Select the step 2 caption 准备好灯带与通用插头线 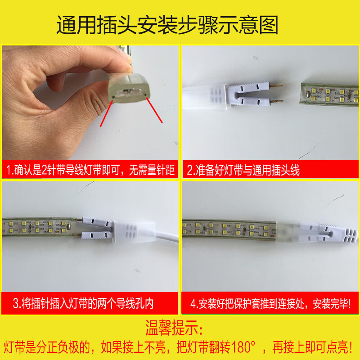[243, 170]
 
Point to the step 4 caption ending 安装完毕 [270, 303]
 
